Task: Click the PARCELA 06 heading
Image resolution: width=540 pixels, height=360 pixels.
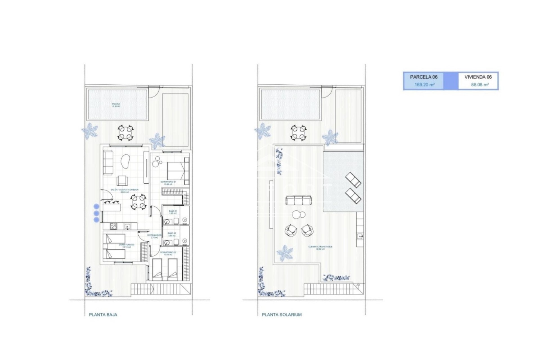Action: [x=424, y=77]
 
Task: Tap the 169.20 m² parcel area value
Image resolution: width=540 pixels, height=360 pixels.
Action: [x=424, y=85]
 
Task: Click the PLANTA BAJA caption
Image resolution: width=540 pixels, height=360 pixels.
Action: [x=103, y=315]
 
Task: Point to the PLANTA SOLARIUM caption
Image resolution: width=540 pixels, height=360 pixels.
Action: [x=282, y=315]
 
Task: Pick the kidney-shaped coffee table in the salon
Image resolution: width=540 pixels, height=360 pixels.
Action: [x=125, y=162]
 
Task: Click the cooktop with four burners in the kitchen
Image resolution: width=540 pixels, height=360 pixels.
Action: [x=113, y=226]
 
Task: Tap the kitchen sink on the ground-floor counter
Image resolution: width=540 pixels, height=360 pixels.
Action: [x=127, y=226]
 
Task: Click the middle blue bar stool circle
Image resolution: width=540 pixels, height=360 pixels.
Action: [x=96, y=213]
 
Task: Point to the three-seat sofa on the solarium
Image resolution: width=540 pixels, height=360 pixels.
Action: [x=299, y=201]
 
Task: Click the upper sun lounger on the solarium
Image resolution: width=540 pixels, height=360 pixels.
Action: [x=353, y=180]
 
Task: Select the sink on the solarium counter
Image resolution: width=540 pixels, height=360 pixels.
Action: [x=360, y=237]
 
